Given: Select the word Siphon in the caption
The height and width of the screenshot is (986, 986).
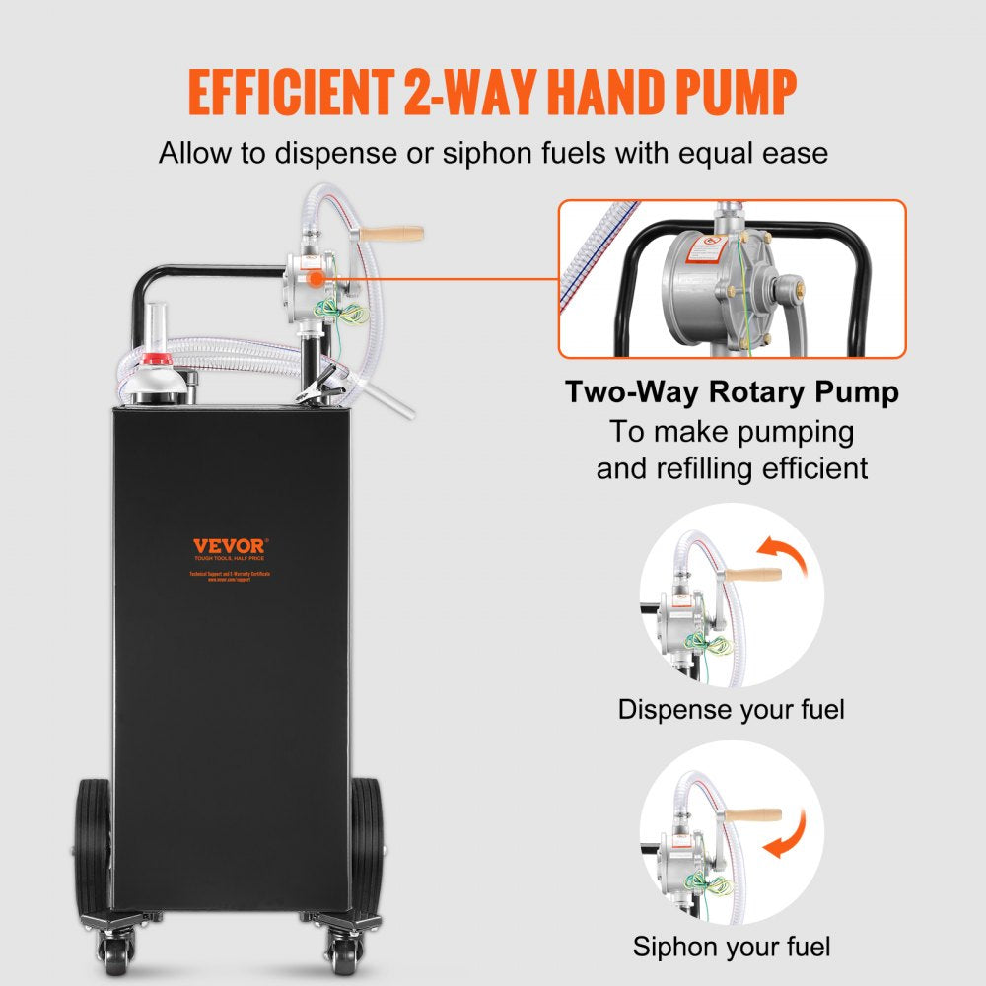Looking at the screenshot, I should point(674,948).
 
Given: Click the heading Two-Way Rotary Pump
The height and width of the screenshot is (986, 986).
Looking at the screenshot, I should point(732,392).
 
